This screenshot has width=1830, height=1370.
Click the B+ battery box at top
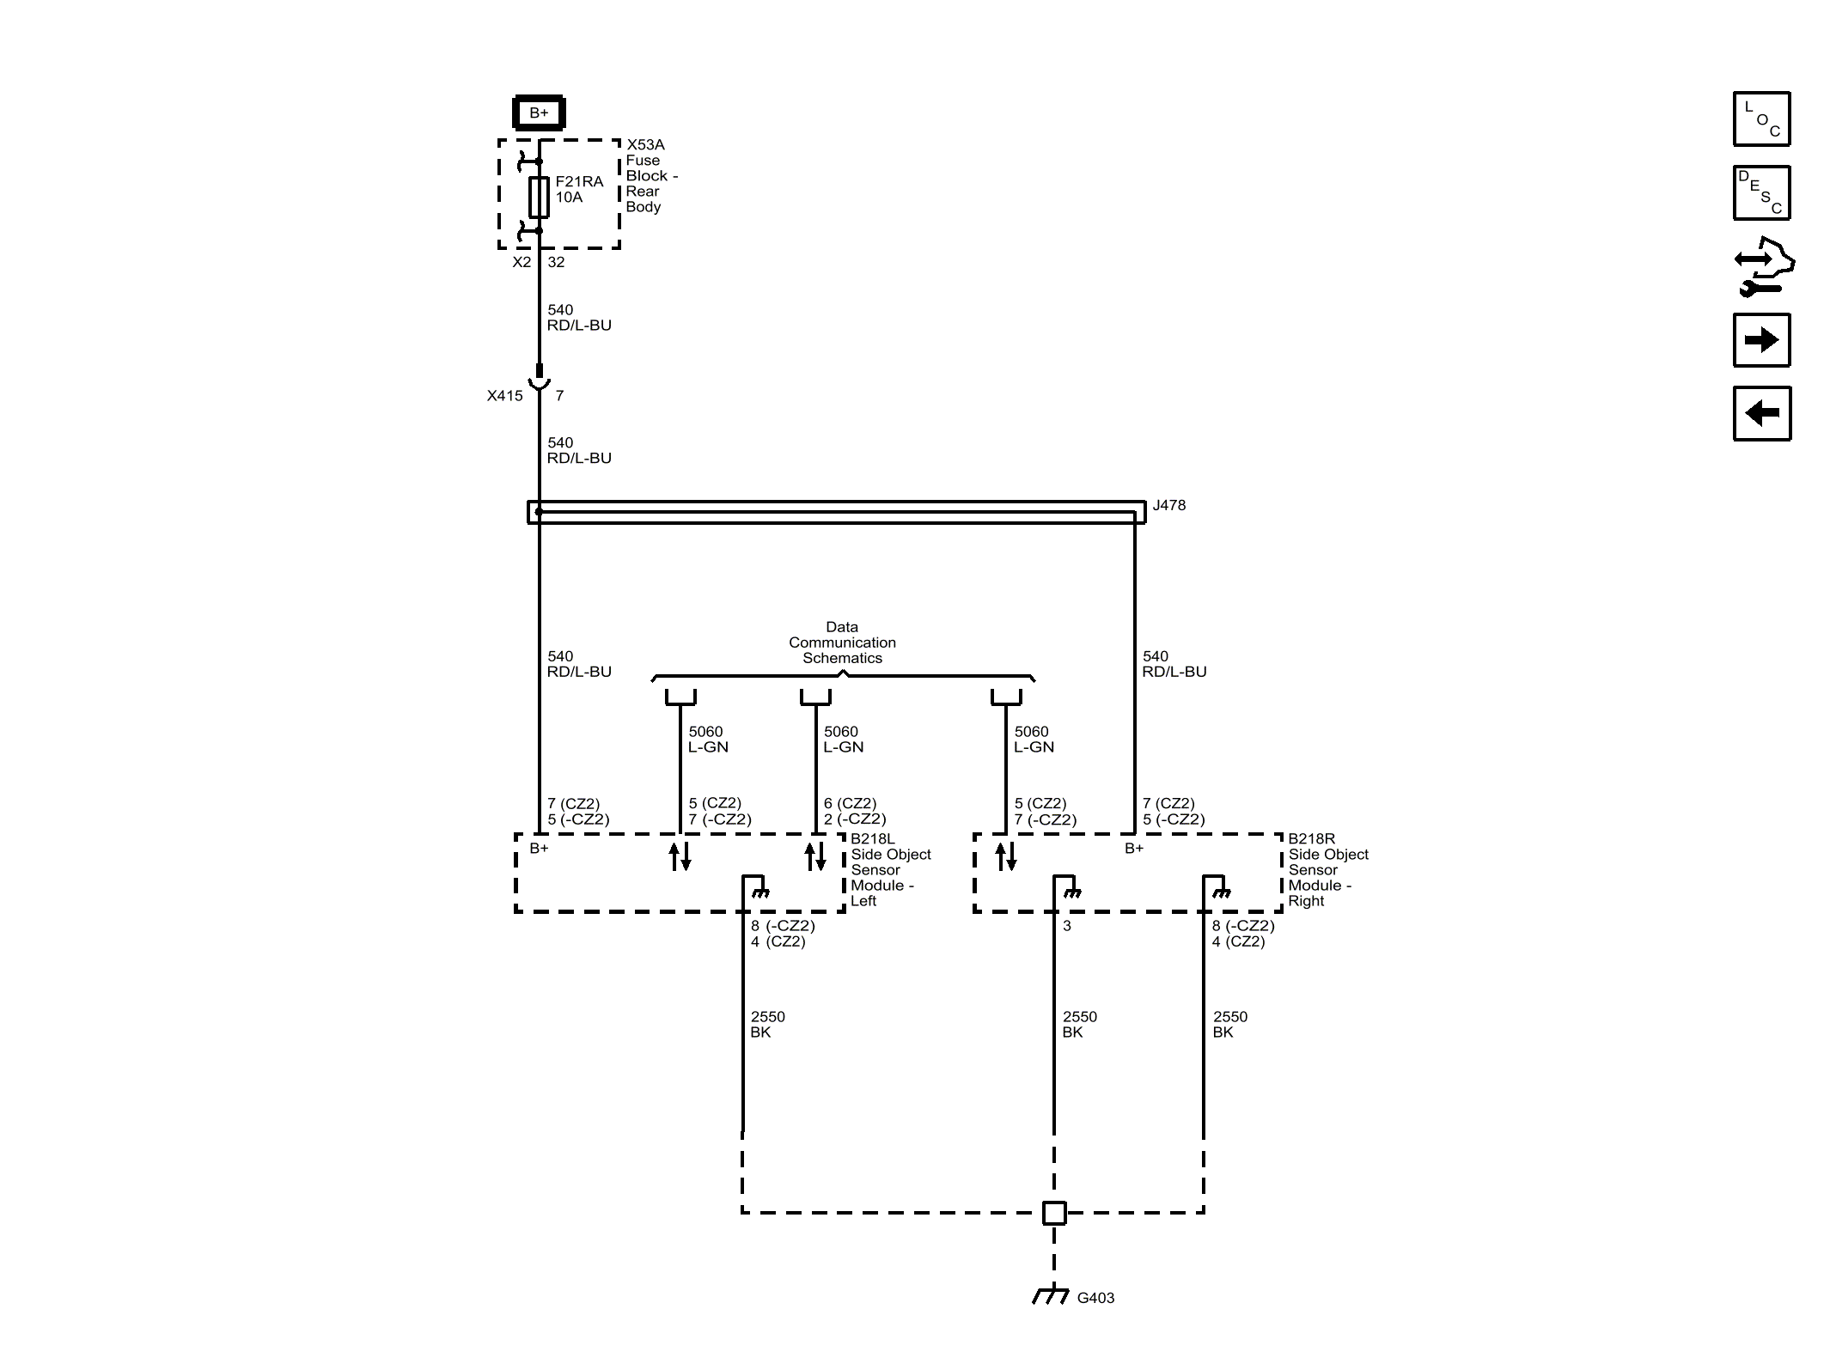539,113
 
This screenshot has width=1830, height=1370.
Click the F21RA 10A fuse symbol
539,197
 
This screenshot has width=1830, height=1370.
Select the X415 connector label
504,396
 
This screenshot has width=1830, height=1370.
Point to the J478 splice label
1168,505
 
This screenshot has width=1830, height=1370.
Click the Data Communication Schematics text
842,642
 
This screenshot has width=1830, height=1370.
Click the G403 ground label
1095,1298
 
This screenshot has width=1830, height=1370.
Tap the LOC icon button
1761,119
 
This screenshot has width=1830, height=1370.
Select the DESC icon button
1761,192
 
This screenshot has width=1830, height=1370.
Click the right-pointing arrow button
1761,340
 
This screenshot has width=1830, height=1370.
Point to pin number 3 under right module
1067,926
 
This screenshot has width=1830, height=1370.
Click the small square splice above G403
1054,1213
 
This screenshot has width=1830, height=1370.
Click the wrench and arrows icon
1763,267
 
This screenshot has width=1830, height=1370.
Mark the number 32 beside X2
556,262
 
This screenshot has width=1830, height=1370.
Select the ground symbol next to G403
1051,1295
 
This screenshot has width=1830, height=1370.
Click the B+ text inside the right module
1134,848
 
